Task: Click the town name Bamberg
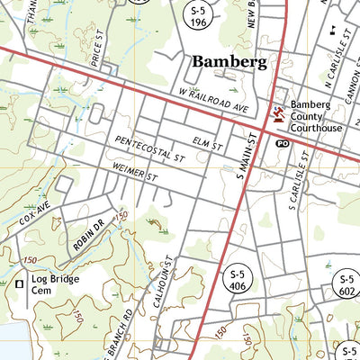click(x=229, y=62)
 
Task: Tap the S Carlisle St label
click(x=300, y=184)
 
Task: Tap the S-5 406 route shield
click(x=238, y=280)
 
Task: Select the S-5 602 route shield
click(x=346, y=284)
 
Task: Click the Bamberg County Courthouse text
click(x=316, y=116)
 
